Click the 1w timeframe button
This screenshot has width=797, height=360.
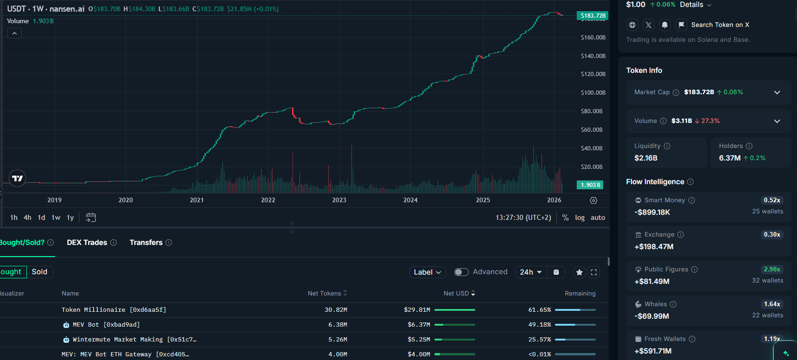56,218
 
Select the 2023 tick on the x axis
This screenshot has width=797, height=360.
339,200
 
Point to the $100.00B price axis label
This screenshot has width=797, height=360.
593,93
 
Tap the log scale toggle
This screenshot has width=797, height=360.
580,218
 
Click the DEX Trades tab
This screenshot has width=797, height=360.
87,243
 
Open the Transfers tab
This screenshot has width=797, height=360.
146,243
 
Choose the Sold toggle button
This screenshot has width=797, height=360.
39,272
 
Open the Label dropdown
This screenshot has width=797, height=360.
427,272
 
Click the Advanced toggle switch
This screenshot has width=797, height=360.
461,272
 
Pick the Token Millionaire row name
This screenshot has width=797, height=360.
114,310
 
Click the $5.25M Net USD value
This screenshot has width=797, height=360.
419,340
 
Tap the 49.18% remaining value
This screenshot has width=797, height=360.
539,325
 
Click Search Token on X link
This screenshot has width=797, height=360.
720,25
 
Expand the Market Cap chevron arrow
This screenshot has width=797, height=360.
777,92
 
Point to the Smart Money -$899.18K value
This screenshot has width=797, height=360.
652,212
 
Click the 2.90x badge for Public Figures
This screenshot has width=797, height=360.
772,270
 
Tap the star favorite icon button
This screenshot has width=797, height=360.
580,272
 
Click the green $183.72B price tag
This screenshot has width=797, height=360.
593,16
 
